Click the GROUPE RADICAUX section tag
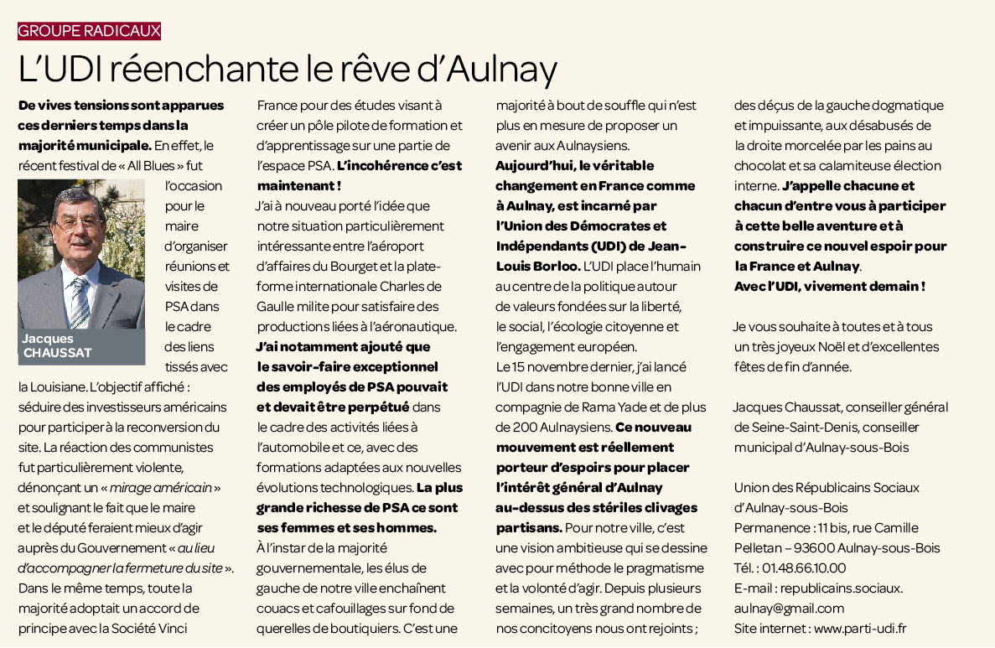89,31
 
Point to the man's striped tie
80,303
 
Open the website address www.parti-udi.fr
860,628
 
